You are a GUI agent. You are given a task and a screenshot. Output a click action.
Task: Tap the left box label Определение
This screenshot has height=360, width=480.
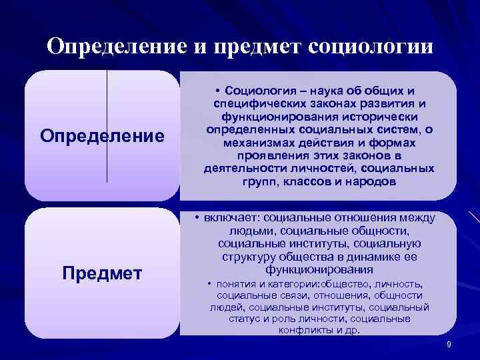[102, 136]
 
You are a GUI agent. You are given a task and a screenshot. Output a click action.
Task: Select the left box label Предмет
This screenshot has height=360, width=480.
[102, 273]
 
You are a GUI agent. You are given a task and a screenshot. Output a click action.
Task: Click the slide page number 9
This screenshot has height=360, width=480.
[449, 344]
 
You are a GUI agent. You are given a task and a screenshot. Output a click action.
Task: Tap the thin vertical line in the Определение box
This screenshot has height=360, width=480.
[107, 127]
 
